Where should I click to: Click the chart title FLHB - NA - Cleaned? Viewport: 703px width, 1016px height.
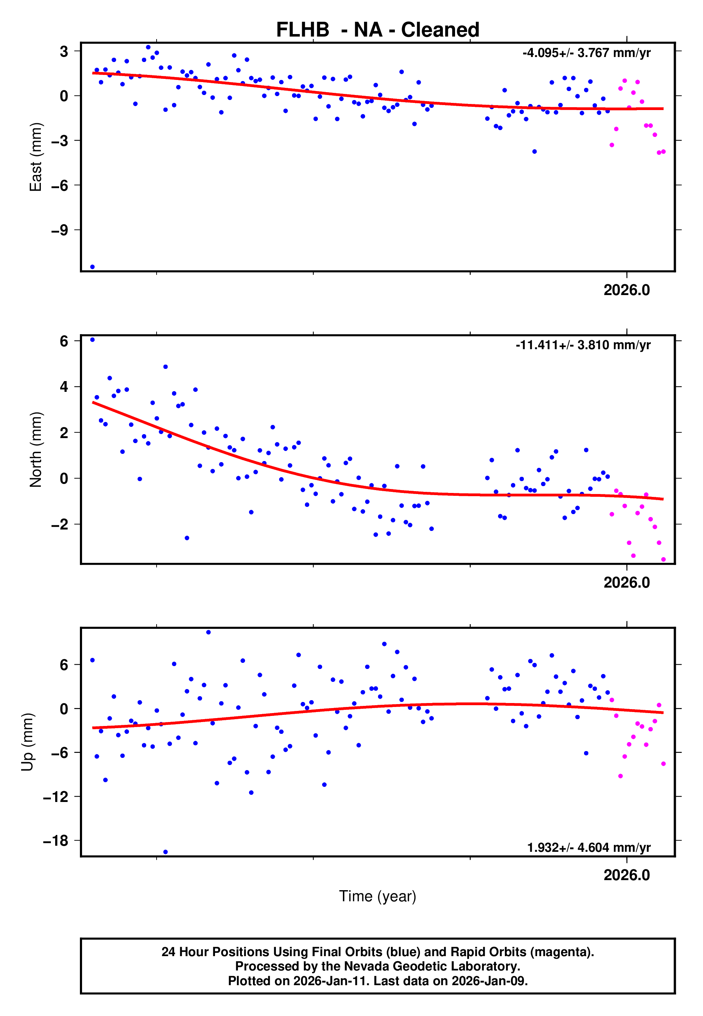coord(378,30)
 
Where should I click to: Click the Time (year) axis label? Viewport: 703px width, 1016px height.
coord(378,896)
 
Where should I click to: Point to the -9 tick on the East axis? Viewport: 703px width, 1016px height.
coord(59,230)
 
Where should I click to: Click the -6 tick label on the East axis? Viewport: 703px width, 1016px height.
coord(59,185)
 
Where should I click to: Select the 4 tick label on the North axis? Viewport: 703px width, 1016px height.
coord(64,387)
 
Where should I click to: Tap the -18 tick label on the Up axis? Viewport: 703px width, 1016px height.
coord(56,841)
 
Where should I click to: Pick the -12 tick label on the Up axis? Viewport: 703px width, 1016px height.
coord(56,797)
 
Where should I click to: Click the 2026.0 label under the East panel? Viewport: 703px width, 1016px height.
coord(626,290)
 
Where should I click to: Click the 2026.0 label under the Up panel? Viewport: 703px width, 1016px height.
coord(626,875)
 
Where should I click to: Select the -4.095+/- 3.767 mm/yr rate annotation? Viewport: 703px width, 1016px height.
coord(586,53)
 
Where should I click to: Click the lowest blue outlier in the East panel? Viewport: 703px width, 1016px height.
coord(92,267)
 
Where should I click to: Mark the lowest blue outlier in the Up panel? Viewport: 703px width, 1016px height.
coord(166,852)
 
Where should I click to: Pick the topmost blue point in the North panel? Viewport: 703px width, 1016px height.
coord(92,340)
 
